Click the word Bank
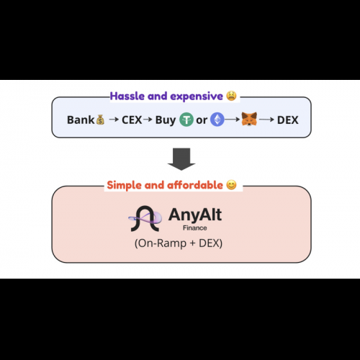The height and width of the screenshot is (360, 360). [81, 120]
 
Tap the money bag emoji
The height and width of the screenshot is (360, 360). [100, 120]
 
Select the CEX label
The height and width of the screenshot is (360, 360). [132, 120]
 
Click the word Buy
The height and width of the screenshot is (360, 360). [166, 120]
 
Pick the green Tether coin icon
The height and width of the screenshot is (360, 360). [186, 120]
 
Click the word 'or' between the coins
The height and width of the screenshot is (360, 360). [202, 120]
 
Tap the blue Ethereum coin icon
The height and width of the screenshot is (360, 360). [217, 120]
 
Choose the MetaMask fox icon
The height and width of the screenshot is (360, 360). [249, 119]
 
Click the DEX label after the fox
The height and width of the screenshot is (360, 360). [288, 120]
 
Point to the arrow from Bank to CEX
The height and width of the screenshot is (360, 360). [114, 120]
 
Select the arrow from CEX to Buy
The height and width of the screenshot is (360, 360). [148, 120]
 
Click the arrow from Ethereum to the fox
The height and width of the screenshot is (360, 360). [233, 120]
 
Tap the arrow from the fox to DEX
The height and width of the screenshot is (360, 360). [266, 120]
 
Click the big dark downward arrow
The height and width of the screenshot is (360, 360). [181, 159]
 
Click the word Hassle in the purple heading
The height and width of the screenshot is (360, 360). [127, 96]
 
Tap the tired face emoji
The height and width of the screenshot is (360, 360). [231, 96]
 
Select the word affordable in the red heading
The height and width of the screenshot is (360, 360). [195, 185]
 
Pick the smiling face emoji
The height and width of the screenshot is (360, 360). [231, 185]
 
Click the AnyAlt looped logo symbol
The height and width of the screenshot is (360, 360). [145, 218]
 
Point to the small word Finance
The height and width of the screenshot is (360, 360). [195, 228]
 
